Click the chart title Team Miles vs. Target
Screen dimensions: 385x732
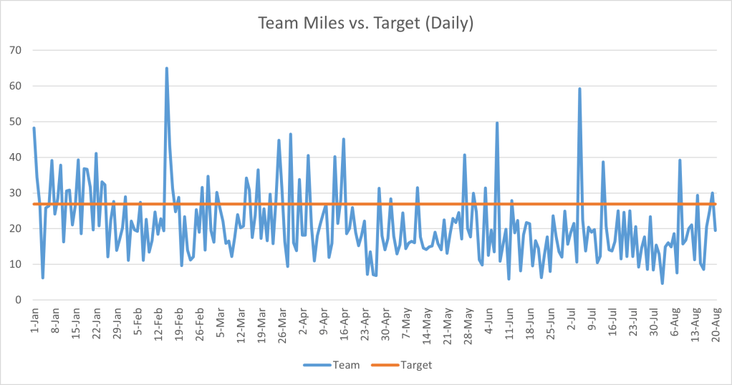point(365,24)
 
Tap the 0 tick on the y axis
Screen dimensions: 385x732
point(19,300)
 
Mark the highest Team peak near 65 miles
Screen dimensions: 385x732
point(167,69)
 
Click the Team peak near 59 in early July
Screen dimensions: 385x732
point(579,89)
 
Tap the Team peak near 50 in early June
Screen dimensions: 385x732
point(497,123)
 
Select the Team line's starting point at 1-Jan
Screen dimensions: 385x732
point(34,128)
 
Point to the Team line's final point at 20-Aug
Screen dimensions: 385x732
point(716,230)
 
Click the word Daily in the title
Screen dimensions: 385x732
point(449,24)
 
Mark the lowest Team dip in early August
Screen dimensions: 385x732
point(663,283)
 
